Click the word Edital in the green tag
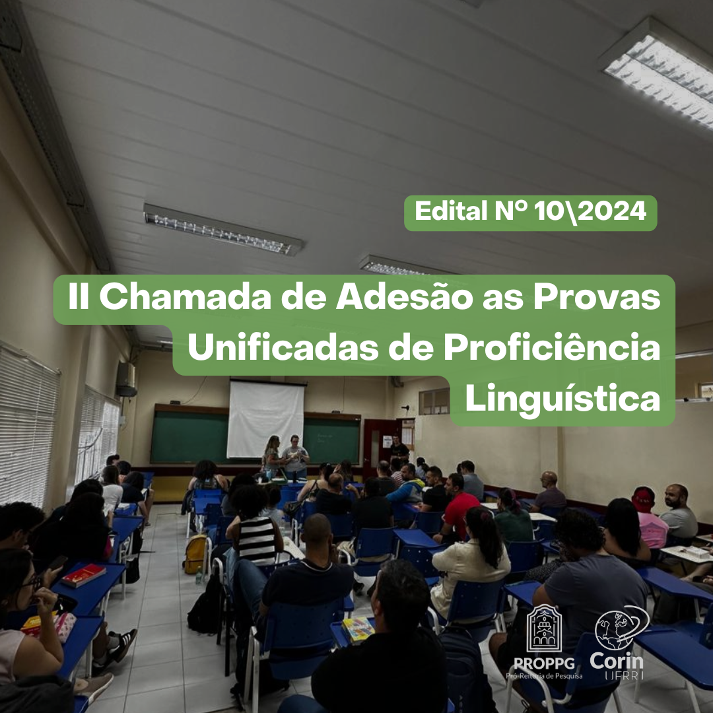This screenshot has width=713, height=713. (451, 211)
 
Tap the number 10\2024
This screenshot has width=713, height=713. (590, 212)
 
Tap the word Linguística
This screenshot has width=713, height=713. (562, 399)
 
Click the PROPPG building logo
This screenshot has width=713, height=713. (544, 629)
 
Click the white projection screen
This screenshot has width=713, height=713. (266, 419)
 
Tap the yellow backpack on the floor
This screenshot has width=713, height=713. (195, 555)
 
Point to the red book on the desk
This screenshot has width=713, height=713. (84, 575)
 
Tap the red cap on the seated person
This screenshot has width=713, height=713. (643, 498)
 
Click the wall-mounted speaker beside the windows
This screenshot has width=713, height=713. (126, 379)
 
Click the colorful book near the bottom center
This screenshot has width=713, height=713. (358, 629)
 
